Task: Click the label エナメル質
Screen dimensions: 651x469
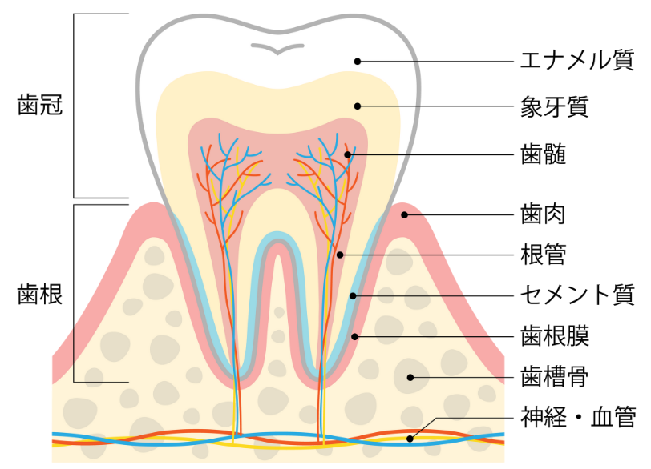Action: (577, 61)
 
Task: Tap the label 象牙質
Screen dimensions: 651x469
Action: (555, 106)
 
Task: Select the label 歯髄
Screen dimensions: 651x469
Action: (543, 154)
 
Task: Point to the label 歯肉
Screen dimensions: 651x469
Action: (543, 214)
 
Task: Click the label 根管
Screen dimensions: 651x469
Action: (543, 254)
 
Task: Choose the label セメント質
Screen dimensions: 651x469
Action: (577, 295)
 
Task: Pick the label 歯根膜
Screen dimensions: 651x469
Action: (555, 335)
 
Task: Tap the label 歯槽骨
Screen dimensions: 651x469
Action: (555, 377)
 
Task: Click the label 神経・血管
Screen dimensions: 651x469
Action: (578, 417)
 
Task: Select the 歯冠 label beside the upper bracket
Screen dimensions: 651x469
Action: (40, 105)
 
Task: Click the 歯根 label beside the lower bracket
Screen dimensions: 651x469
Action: (40, 295)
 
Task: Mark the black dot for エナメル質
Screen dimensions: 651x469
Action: (358, 62)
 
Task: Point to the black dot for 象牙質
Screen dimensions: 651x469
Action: (358, 106)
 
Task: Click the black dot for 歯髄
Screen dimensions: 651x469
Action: (348, 155)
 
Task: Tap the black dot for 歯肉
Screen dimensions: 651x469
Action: (404, 215)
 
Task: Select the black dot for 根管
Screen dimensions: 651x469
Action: (340, 255)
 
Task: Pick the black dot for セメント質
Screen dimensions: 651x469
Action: (353, 296)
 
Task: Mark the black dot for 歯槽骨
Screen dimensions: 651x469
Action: (410, 378)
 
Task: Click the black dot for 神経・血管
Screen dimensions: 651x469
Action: (410, 439)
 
